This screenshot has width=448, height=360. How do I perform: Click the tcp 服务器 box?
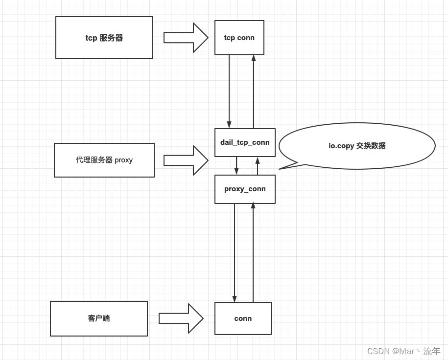pyautogui.click(x=104, y=38)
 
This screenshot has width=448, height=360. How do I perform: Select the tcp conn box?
pyautogui.click(x=239, y=38)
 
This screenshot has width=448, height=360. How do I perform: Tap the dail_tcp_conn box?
pyautogui.click(x=245, y=142)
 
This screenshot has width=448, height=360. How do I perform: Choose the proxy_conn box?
pyautogui.click(x=245, y=189)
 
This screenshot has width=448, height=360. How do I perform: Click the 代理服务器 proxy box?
pyautogui.click(x=104, y=160)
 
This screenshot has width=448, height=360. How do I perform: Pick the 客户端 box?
pyautogui.click(x=99, y=318)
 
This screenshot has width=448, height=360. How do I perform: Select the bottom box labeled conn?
pyautogui.click(x=243, y=318)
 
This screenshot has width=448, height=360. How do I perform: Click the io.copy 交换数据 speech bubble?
pyautogui.click(x=357, y=146)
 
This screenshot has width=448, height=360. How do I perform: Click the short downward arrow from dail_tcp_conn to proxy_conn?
pyautogui.click(x=236, y=166)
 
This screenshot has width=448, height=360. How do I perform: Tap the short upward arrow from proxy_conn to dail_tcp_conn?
pyautogui.click(x=258, y=166)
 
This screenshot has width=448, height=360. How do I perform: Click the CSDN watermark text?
pyautogui.click(x=403, y=351)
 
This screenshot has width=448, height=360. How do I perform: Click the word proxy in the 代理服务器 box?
pyautogui.click(x=123, y=160)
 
